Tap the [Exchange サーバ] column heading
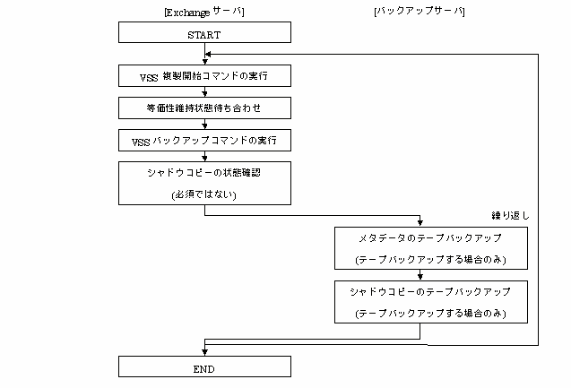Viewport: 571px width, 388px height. click(204, 12)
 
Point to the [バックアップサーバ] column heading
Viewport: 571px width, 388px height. click(420, 12)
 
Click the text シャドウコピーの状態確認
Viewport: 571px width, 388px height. click(204, 173)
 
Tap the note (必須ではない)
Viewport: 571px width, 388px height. click(204, 194)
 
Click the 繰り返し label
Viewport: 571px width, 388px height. click(510, 215)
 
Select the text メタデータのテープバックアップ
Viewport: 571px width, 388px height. click(430, 238)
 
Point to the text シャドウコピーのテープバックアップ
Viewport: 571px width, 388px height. click(430, 292)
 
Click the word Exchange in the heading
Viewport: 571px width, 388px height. click(188, 13)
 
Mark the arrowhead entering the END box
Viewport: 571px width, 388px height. click(204, 352)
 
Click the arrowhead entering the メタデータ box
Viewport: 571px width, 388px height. click(420, 223)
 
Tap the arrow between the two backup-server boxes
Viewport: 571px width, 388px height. click(420, 275)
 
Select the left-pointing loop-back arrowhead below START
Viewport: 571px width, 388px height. click(208, 55)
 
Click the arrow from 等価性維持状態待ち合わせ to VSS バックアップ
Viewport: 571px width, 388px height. click(204, 125)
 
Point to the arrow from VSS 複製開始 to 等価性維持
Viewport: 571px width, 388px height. click(204, 91)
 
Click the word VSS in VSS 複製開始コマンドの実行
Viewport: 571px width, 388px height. click(149, 78)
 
